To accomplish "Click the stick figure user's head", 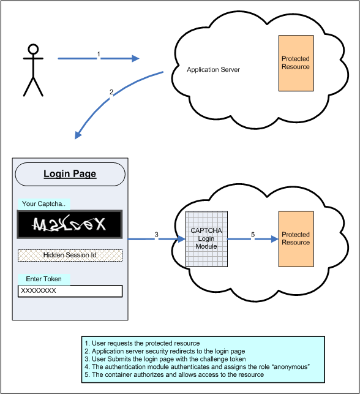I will [33, 49].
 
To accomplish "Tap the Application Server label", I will [213, 70].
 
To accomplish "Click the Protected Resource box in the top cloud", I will [295, 63].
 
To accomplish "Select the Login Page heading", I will [70, 174].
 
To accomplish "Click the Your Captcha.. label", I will [43, 204].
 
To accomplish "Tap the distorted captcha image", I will [70, 225].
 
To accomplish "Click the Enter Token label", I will [43, 279].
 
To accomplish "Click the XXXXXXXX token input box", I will [70, 291].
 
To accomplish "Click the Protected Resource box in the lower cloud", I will [295, 239].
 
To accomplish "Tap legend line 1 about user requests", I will [141, 343].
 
